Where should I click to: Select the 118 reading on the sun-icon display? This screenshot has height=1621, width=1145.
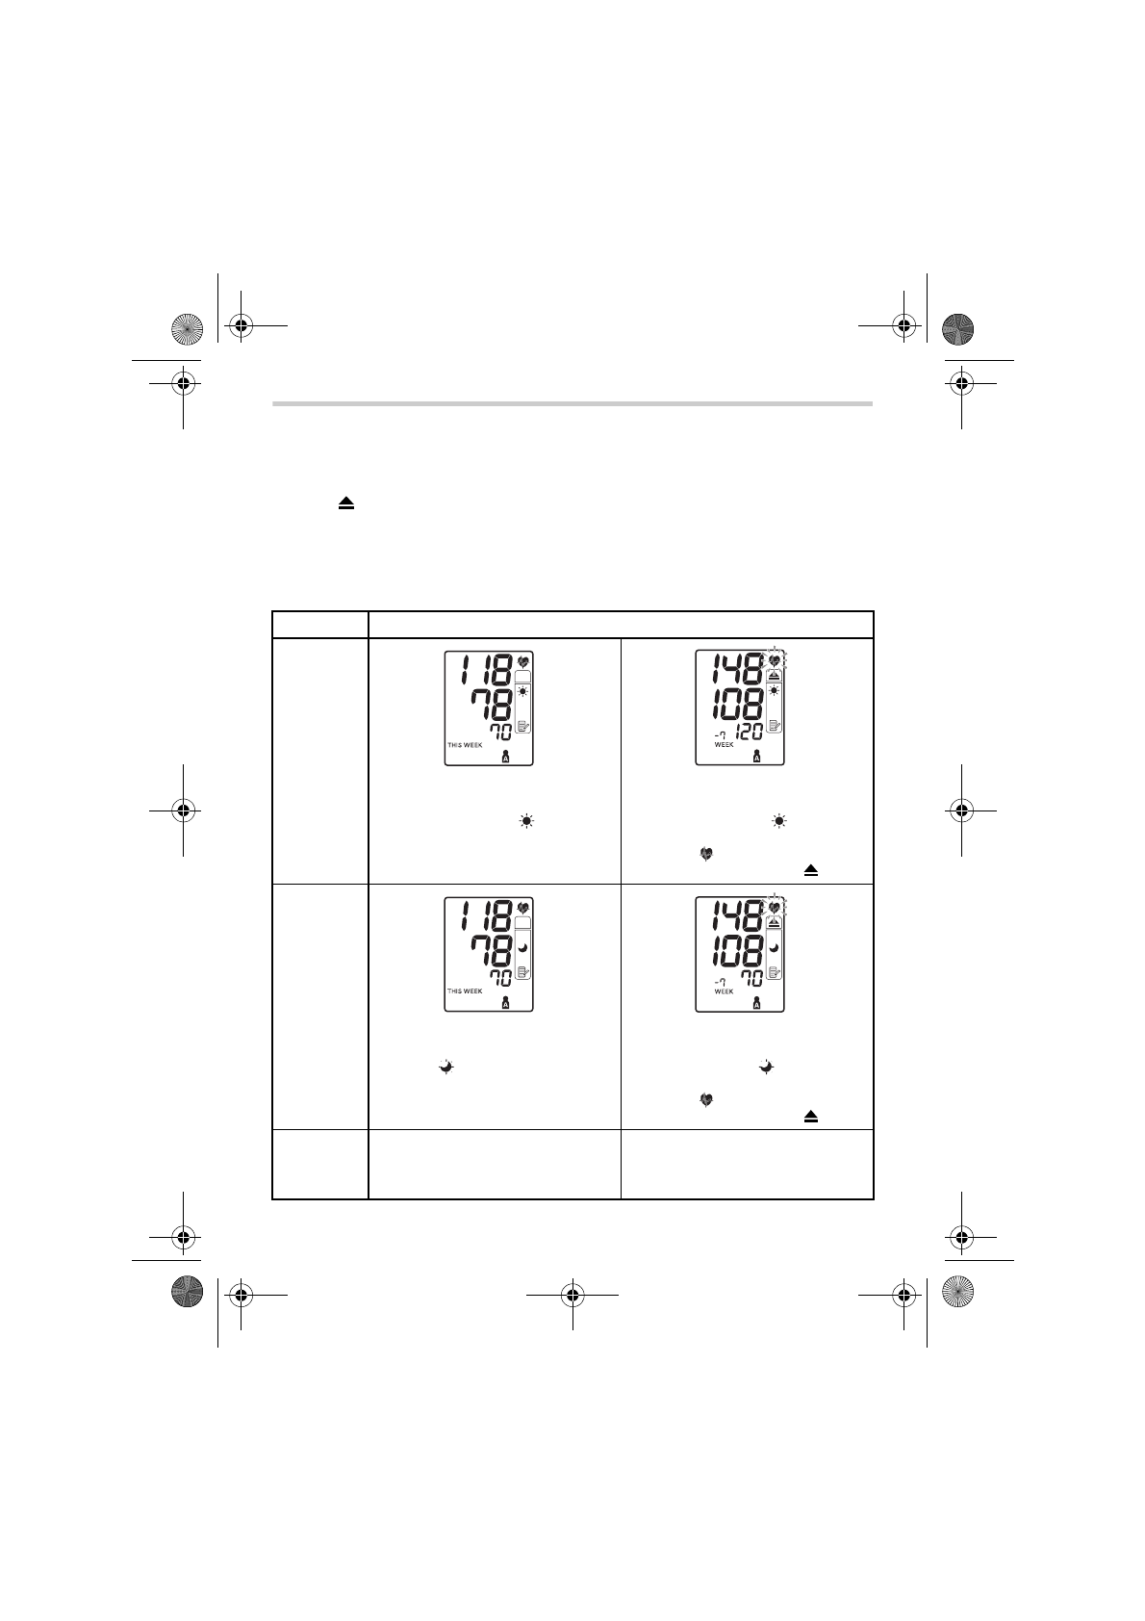point(487,669)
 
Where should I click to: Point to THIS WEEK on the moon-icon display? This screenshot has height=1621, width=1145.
point(465,991)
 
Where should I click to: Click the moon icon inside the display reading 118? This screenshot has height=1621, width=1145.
point(523,947)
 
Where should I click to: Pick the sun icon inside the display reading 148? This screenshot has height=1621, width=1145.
point(775,691)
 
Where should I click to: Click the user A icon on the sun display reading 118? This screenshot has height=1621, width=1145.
point(505,757)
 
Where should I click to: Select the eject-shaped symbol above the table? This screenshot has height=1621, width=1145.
point(346,503)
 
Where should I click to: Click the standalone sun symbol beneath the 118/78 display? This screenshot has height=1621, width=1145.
point(526,821)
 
